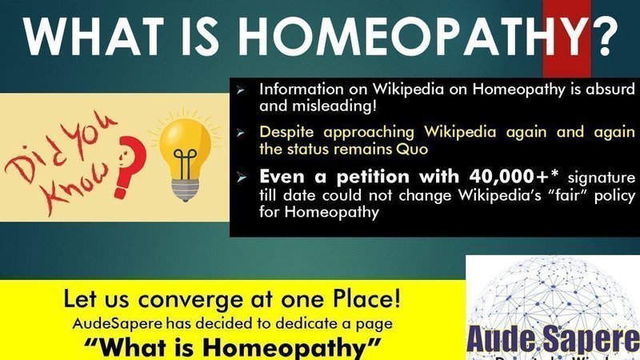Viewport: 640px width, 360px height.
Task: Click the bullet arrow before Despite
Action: [240, 131]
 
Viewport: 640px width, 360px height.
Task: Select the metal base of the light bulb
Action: [185, 186]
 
